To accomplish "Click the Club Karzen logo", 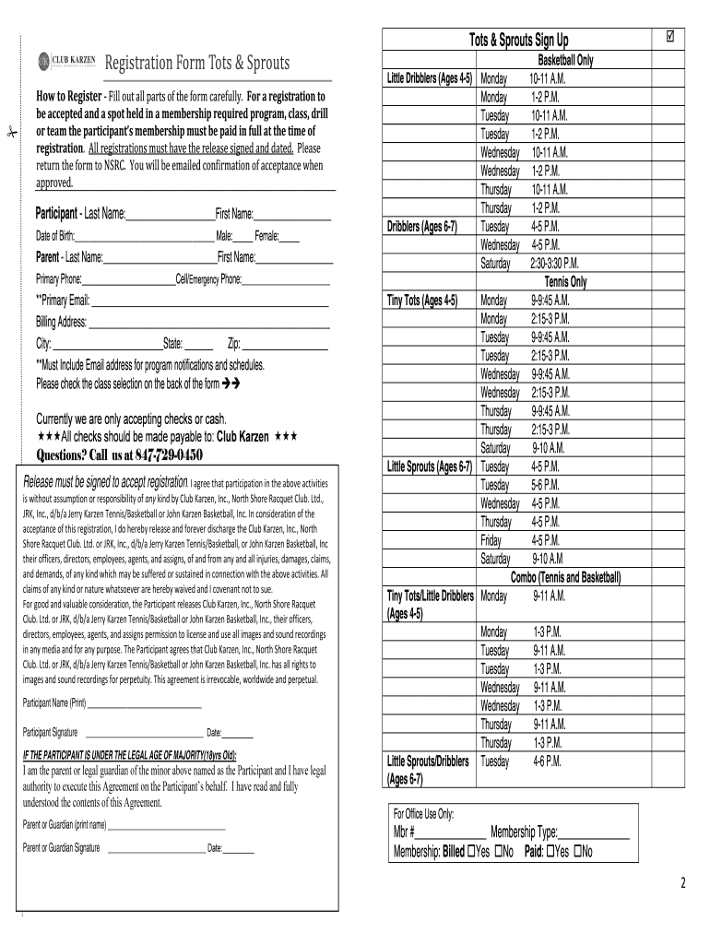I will [x=65, y=63].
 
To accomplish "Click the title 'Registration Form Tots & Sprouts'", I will [x=196, y=63].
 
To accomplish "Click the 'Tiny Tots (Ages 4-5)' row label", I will [x=422, y=301].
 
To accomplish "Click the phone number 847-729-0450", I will [x=169, y=455].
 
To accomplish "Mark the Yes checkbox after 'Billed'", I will [x=473, y=851].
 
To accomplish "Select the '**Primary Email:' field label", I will [x=63, y=301].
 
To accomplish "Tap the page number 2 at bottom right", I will [x=683, y=884].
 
